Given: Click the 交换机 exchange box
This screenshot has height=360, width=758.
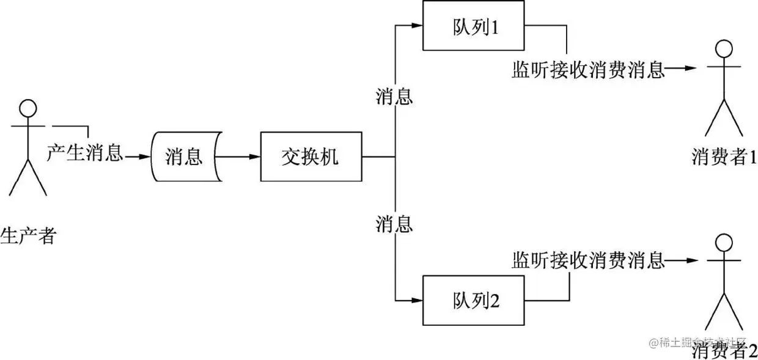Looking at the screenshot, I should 311,156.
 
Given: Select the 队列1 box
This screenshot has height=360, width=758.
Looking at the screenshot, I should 473,26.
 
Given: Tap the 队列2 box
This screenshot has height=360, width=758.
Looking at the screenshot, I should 473,300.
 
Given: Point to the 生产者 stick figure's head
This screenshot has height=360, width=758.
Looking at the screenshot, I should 28,109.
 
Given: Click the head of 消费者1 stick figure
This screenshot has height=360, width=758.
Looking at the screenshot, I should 724,48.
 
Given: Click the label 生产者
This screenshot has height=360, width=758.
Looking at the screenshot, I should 29,235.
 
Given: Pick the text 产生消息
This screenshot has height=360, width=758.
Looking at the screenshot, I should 85,152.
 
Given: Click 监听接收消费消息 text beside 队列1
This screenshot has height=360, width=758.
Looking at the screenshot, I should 588,69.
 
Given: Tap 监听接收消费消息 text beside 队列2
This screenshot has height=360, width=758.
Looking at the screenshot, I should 588,260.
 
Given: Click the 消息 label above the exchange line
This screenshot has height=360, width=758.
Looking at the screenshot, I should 394,95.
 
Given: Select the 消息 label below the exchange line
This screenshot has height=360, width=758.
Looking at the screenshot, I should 394,224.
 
